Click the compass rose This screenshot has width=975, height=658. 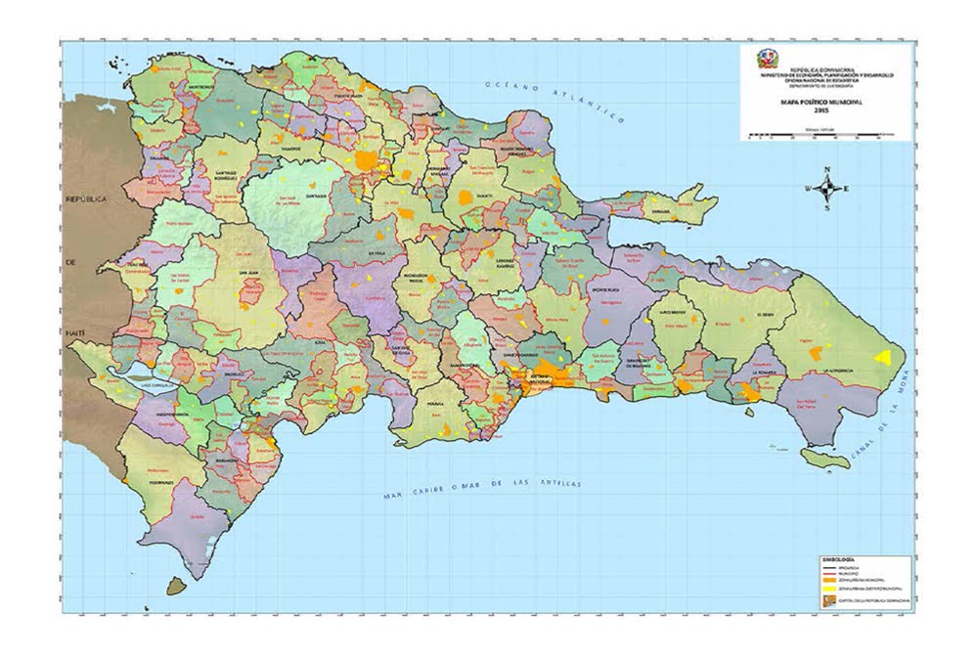[827, 189]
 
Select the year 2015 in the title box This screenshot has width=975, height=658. [826, 110]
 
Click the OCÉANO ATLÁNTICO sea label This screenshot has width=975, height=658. [554, 101]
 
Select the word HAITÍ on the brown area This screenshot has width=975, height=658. [76, 333]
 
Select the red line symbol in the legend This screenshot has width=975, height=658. [833, 572]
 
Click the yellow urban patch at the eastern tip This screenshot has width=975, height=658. [887, 357]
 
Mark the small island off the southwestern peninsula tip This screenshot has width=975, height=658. [176, 585]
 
